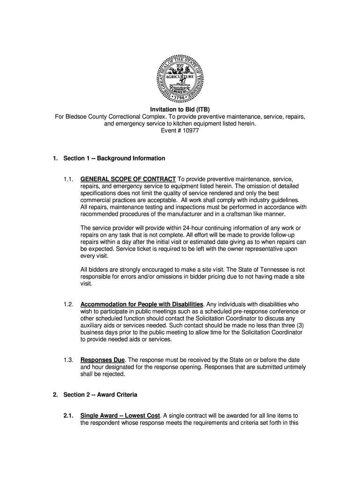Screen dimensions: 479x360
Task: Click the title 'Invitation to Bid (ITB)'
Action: pyautogui.click(x=180, y=110)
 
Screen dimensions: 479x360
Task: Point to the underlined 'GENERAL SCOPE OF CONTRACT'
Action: pyautogui.click(x=128, y=179)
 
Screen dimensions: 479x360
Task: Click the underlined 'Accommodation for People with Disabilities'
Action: pyautogui.click(x=142, y=305)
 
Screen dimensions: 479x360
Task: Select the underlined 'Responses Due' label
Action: pyautogui.click(x=102, y=360)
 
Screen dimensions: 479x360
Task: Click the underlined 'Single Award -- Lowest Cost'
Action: pyautogui.click(x=120, y=415)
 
